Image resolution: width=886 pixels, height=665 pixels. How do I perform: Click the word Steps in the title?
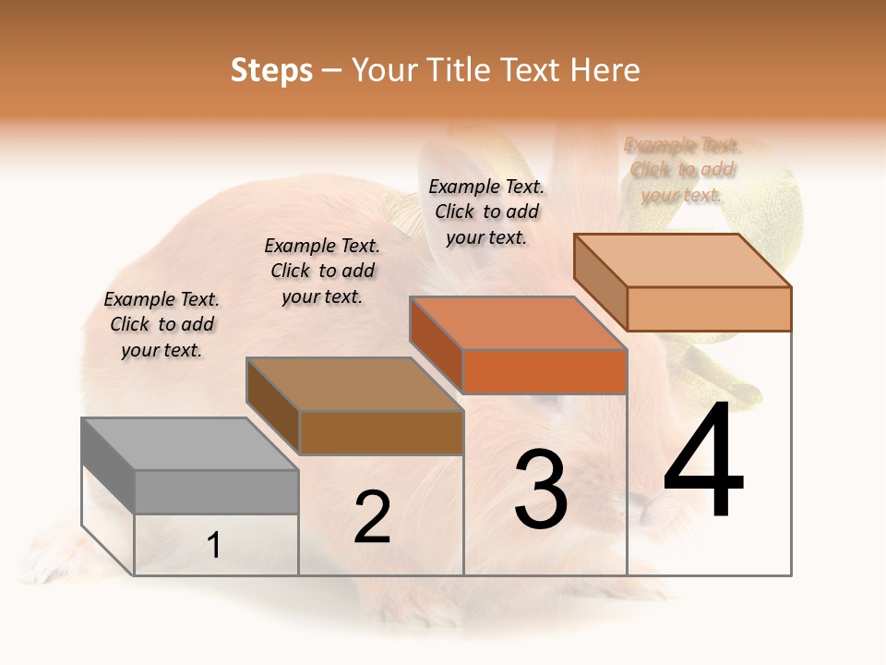coord(271,70)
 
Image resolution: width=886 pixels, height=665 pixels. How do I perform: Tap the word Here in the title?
coord(605,70)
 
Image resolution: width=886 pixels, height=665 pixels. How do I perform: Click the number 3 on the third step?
coord(541,490)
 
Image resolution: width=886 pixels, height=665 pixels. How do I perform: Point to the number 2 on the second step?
coord(372,517)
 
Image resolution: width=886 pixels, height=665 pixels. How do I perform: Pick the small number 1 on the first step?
coord(214,546)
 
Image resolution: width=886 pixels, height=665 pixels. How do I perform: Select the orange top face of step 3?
coord(517,323)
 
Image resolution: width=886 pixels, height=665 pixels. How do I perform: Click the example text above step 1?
coord(162,324)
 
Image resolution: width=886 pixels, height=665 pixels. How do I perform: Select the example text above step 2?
coord(322,271)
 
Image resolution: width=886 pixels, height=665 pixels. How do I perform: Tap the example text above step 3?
coord(486,212)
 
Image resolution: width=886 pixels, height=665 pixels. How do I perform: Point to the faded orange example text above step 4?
coord(683,170)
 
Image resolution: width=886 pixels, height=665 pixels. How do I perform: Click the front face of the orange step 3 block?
coord(545,372)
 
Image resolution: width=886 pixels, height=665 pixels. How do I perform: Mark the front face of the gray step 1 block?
coord(216,491)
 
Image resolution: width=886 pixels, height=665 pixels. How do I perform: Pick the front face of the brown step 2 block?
coord(381,432)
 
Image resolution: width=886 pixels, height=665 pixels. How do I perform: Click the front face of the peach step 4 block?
coord(709,308)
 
